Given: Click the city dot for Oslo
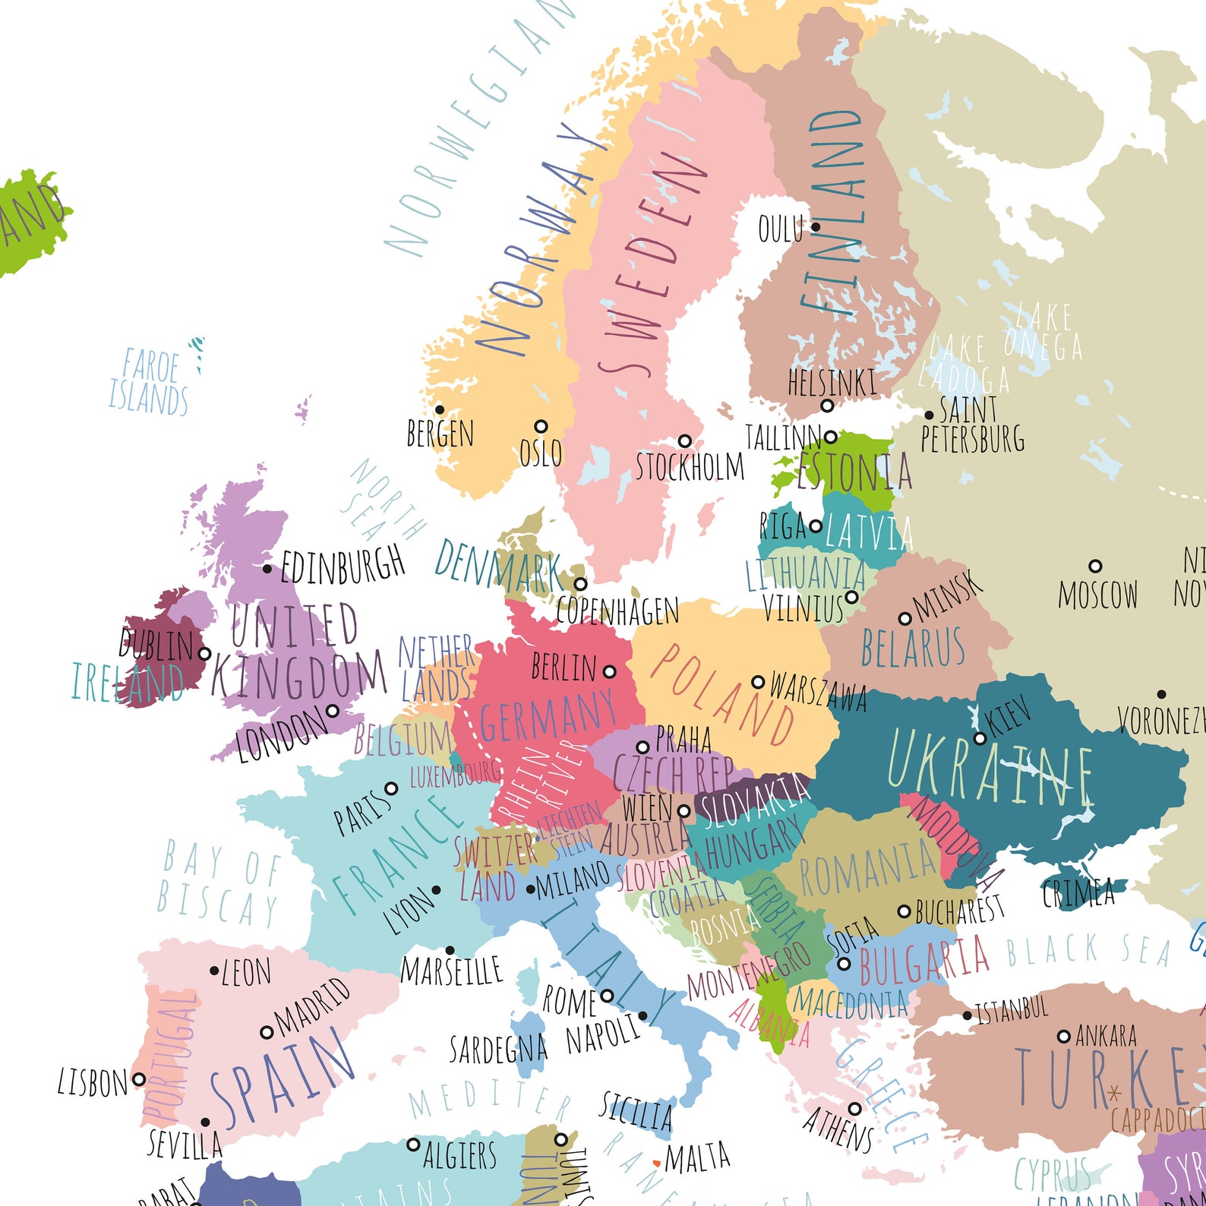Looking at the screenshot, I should point(541,426).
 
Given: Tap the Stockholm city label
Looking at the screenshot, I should point(690,467).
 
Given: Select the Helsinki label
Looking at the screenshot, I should point(832,382).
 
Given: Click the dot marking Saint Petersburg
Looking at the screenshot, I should point(929,415).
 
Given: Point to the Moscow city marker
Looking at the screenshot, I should point(1095,566).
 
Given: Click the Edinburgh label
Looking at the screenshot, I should point(343,565).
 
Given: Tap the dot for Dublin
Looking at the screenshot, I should point(204,653).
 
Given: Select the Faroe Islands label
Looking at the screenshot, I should point(149,383).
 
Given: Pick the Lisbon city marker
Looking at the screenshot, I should point(138,1078).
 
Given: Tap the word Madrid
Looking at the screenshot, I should point(312,1006).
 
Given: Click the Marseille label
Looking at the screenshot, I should point(451,971).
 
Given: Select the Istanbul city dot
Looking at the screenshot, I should point(967,1015).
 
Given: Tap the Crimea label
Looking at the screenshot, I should point(1078,894).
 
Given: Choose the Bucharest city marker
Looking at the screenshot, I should point(904,911).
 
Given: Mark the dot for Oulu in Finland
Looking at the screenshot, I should point(816,226).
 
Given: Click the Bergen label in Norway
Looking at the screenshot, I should point(440,434).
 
